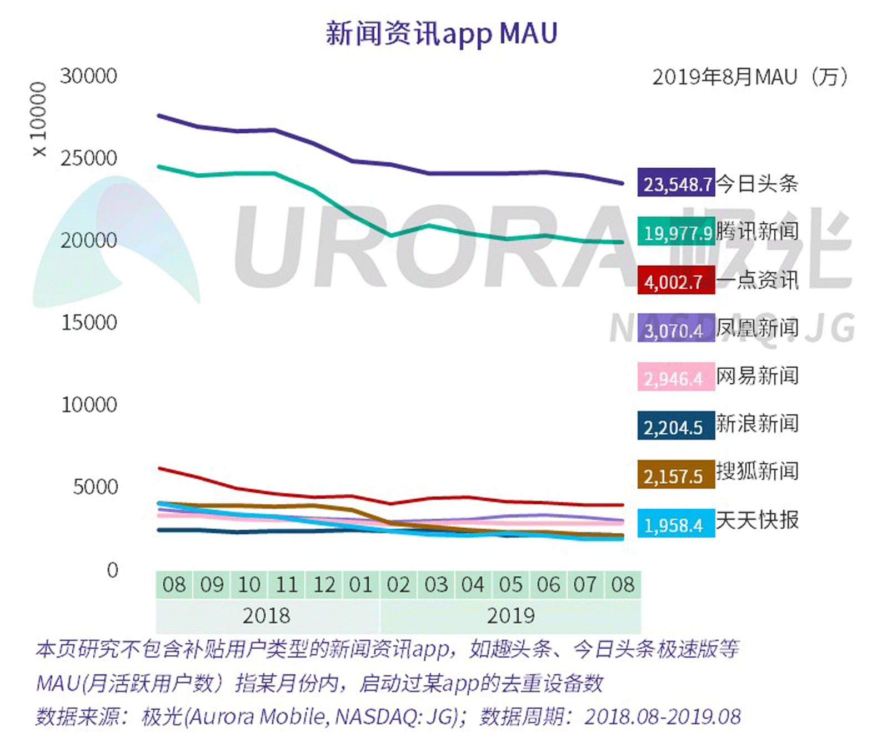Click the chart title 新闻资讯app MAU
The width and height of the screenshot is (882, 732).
[441, 33]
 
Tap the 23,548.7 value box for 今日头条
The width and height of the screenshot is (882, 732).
[676, 183]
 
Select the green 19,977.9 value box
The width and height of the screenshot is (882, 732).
[676, 232]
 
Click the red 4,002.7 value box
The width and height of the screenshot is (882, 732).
[675, 281]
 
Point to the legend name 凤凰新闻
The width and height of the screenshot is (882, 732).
[757, 328]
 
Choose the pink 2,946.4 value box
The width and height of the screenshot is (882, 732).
[675, 378]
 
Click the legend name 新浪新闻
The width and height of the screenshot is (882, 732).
[757, 424]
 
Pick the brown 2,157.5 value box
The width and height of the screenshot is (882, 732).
[675, 475]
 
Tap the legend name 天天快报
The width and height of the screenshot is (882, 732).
[757, 520]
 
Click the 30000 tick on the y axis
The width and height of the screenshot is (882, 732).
[89, 76]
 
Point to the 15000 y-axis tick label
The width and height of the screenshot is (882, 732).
[89, 323]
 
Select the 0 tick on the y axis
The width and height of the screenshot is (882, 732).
[112, 570]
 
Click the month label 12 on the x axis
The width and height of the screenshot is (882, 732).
[324, 585]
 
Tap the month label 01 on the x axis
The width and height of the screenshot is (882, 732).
[361, 585]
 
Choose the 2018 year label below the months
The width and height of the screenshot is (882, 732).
[267, 616]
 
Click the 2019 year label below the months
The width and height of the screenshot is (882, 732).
[510, 616]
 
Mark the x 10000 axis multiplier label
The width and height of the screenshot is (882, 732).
[39, 119]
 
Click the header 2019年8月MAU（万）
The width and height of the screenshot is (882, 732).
[750, 77]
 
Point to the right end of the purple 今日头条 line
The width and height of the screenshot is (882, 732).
[622, 183]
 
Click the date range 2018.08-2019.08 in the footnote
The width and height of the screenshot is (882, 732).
[663, 716]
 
